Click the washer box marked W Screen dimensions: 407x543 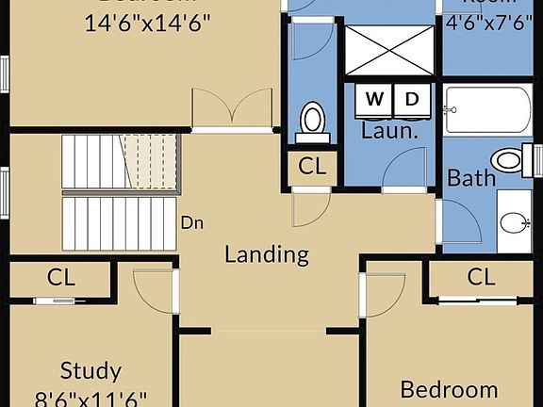click(374, 99)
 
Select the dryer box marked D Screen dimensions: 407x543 click(412, 99)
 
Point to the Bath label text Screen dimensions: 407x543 click(470, 177)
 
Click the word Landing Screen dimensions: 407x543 click(266, 253)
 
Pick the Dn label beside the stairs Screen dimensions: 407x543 click(192, 223)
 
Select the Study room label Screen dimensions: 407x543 click(90, 369)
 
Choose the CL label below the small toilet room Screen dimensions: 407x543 click(312, 167)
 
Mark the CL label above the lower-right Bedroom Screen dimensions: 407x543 click(481, 277)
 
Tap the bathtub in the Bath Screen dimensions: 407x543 click(488, 110)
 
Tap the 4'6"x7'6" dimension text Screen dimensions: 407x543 click(490, 22)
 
